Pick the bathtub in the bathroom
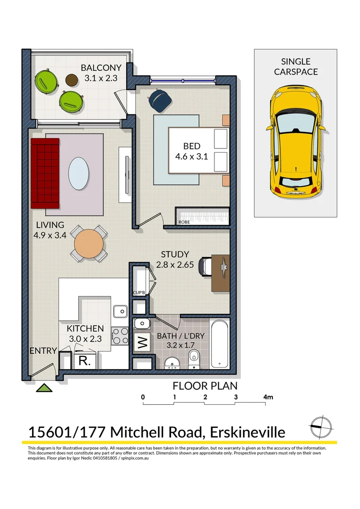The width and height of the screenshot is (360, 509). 220,344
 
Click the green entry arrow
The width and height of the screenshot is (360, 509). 44,388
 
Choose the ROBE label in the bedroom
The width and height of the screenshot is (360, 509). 184,222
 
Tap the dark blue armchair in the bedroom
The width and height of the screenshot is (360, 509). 159,99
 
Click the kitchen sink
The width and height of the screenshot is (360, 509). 121,311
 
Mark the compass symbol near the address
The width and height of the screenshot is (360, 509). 319,426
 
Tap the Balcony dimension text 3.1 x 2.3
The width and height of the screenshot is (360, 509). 100,79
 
